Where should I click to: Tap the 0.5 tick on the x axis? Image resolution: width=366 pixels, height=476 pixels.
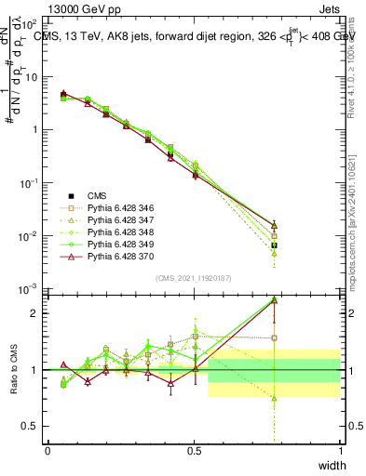click(194, 452)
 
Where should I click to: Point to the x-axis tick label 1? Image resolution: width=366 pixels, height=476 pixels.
click(340, 452)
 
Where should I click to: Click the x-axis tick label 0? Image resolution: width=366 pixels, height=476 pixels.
click(47, 452)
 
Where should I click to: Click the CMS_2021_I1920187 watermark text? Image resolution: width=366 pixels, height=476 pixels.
click(194, 276)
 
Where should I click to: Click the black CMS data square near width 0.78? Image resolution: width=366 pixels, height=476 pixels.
click(274, 245)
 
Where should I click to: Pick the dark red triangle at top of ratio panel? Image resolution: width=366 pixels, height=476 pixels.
click(274, 300)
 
